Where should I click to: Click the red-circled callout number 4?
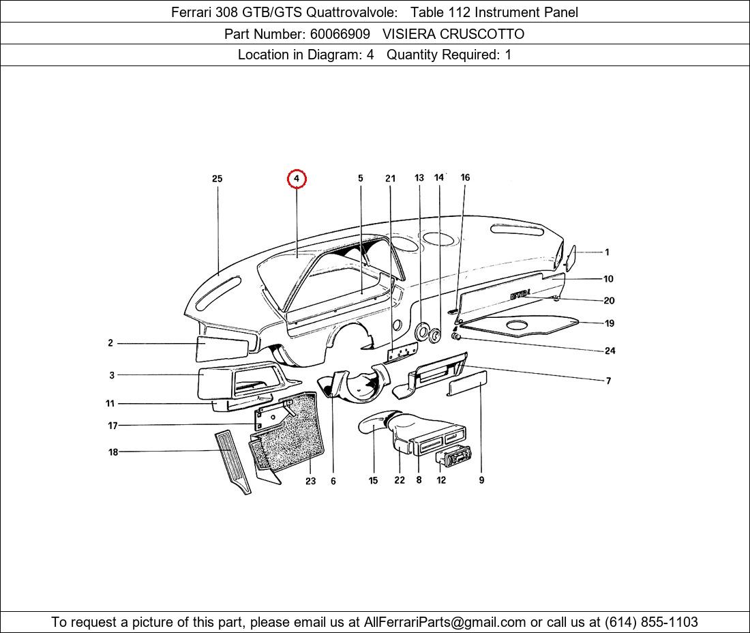(297, 179)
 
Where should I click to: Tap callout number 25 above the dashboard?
(217, 179)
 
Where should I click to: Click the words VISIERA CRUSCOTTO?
(453, 34)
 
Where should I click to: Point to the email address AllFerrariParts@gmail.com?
(445, 622)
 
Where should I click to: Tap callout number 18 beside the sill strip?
(113, 452)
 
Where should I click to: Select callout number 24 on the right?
(610, 351)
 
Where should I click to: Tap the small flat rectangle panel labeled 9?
(467, 383)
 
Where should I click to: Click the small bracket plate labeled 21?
(402, 353)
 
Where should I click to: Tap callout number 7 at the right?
(608, 381)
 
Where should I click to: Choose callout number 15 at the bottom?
(373, 480)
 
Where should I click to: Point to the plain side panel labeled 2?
(224, 347)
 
